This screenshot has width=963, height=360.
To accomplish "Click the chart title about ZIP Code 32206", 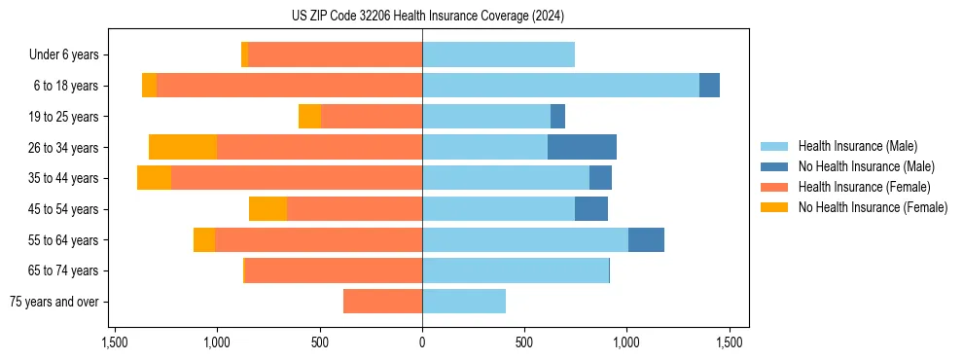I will pos(422,17).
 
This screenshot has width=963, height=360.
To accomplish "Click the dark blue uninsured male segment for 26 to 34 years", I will pos(582,147).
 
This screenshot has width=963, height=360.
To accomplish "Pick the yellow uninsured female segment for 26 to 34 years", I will pos(183,147).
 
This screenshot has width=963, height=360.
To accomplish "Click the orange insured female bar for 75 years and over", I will pos(382,302).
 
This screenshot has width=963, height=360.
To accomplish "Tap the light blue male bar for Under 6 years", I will pos(498,54).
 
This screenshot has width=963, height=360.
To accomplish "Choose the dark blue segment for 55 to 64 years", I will pos(646,239).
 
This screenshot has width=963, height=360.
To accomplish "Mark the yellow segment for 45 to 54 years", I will pos(267,208).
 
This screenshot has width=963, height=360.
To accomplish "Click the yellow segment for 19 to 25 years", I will pos(309,117).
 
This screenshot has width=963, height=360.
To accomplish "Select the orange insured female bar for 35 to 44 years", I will pos(297,178).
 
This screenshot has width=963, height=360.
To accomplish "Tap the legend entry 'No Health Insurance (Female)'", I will pos(873,207).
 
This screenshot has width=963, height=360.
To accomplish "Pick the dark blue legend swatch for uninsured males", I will pos(775,166).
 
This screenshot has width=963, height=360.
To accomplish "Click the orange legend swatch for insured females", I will pos(775,187).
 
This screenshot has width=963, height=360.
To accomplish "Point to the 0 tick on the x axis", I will pos(422,342).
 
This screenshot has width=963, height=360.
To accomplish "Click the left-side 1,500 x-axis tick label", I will pos(114,342).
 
